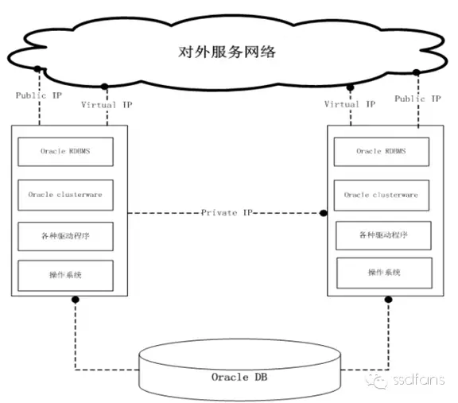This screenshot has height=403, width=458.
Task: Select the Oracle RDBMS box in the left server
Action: pos(65,150)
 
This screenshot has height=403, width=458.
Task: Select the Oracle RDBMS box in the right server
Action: pos(381,151)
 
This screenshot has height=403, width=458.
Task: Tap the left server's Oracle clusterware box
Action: pos(65,193)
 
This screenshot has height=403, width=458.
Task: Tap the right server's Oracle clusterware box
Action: pos(381,194)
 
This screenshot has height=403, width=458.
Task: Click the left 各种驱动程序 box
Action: pos(65,235)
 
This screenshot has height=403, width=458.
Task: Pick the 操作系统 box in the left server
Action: pos(65,274)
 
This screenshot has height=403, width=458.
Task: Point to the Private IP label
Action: pos(227,213)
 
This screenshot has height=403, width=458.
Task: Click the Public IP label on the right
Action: pos(417,99)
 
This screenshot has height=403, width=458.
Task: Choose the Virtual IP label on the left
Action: pos(110,104)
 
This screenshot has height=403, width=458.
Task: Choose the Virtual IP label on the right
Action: pos(350,104)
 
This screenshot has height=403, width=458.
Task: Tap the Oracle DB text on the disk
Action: pos(239,375)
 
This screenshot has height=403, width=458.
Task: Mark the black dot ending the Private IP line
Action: pos(324,213)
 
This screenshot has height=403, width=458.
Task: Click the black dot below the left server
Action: pos(76,300)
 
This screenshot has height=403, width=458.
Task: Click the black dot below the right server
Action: pos(388,300)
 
